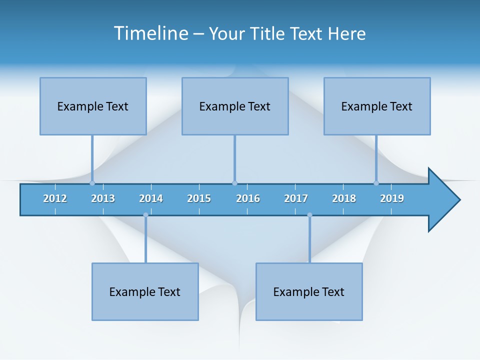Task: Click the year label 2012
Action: tap(55, 198)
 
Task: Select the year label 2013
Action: tap(103, 198)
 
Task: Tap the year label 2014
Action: tap(151, 198)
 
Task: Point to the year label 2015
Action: tap(199, 198)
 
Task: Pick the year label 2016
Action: tap(248, 198)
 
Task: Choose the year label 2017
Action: tap(296, 198)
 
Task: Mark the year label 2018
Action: tap(344, 198)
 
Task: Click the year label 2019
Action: tap(392, 198)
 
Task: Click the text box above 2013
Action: tap(93, 106)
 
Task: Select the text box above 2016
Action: tap(235, 106)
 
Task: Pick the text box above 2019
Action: tap(377, 106)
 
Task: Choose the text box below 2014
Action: tap(145, 291)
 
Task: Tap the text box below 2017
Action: tap(309, 291)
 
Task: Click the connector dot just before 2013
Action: tap(92, 183)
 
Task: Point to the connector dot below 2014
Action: tap(145, 215)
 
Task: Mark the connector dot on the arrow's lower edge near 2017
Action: tap(309, 215)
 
